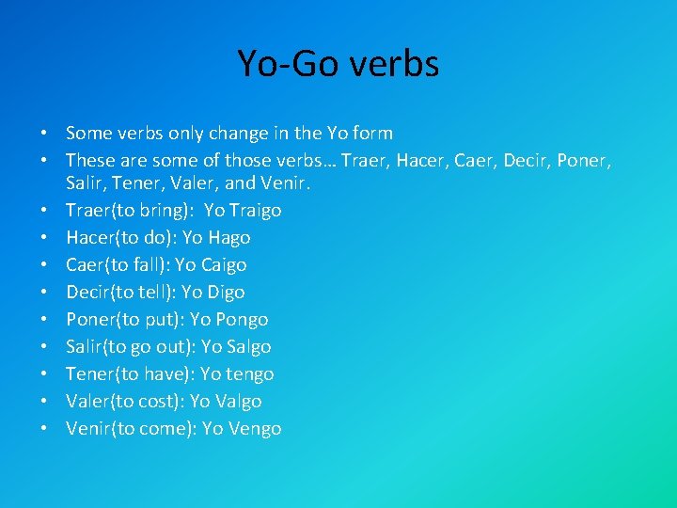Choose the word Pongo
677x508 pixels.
point(240,320)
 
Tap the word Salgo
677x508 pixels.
point(249,347)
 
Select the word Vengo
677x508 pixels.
point(253,429)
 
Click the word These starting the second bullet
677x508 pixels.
point(90,160)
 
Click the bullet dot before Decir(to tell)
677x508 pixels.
point(45,293)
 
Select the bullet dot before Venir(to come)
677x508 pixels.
point(45,429)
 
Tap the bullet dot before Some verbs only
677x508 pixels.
point(45,133)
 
